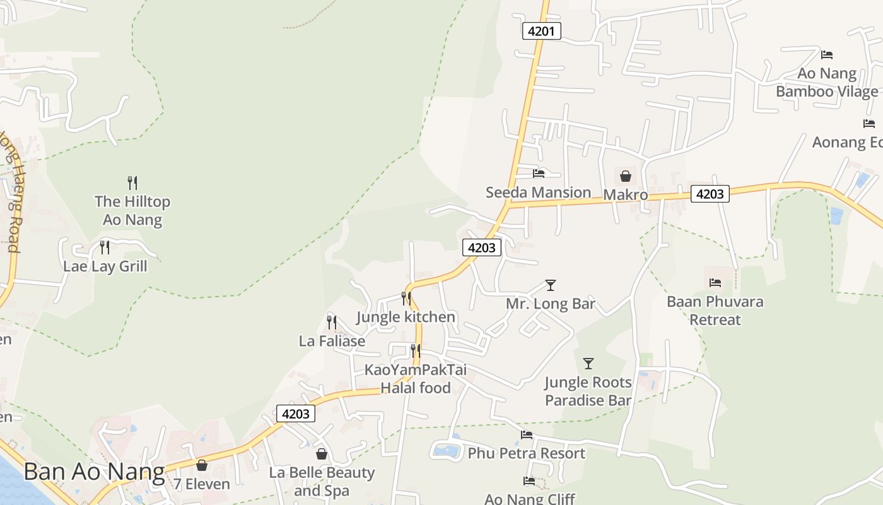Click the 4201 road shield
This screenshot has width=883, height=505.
coord(541,31)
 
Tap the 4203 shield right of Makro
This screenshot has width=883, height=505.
coord(710,194)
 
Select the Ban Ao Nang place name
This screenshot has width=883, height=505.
coord(94,472)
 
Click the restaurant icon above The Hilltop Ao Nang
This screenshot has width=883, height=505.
coord(132,183)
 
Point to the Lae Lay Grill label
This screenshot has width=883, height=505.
coord(105,266)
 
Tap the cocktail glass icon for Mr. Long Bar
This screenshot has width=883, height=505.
coord(551,285)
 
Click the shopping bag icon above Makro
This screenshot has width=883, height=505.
coord(626,176)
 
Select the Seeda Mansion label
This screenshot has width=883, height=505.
coord(538,192)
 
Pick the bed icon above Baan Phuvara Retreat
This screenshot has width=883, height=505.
coord(715,283)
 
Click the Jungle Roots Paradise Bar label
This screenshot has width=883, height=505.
coord(588,391)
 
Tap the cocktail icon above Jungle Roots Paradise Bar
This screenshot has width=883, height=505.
coord(588,364)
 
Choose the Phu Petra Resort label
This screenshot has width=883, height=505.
coord(526,453)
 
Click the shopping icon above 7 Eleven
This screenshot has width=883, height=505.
coord(202,465)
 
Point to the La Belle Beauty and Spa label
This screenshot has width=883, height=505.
coord(322,481)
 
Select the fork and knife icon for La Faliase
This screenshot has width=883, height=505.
coord(332,323)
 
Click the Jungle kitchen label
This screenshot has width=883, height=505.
coord(406,316)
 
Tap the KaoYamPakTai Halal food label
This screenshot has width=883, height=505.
coord(415,378)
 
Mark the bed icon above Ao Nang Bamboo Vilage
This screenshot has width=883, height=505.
coord(827,55)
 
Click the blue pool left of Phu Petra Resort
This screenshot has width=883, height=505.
coord(447,451)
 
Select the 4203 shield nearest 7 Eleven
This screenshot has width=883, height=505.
coord(296,414)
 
